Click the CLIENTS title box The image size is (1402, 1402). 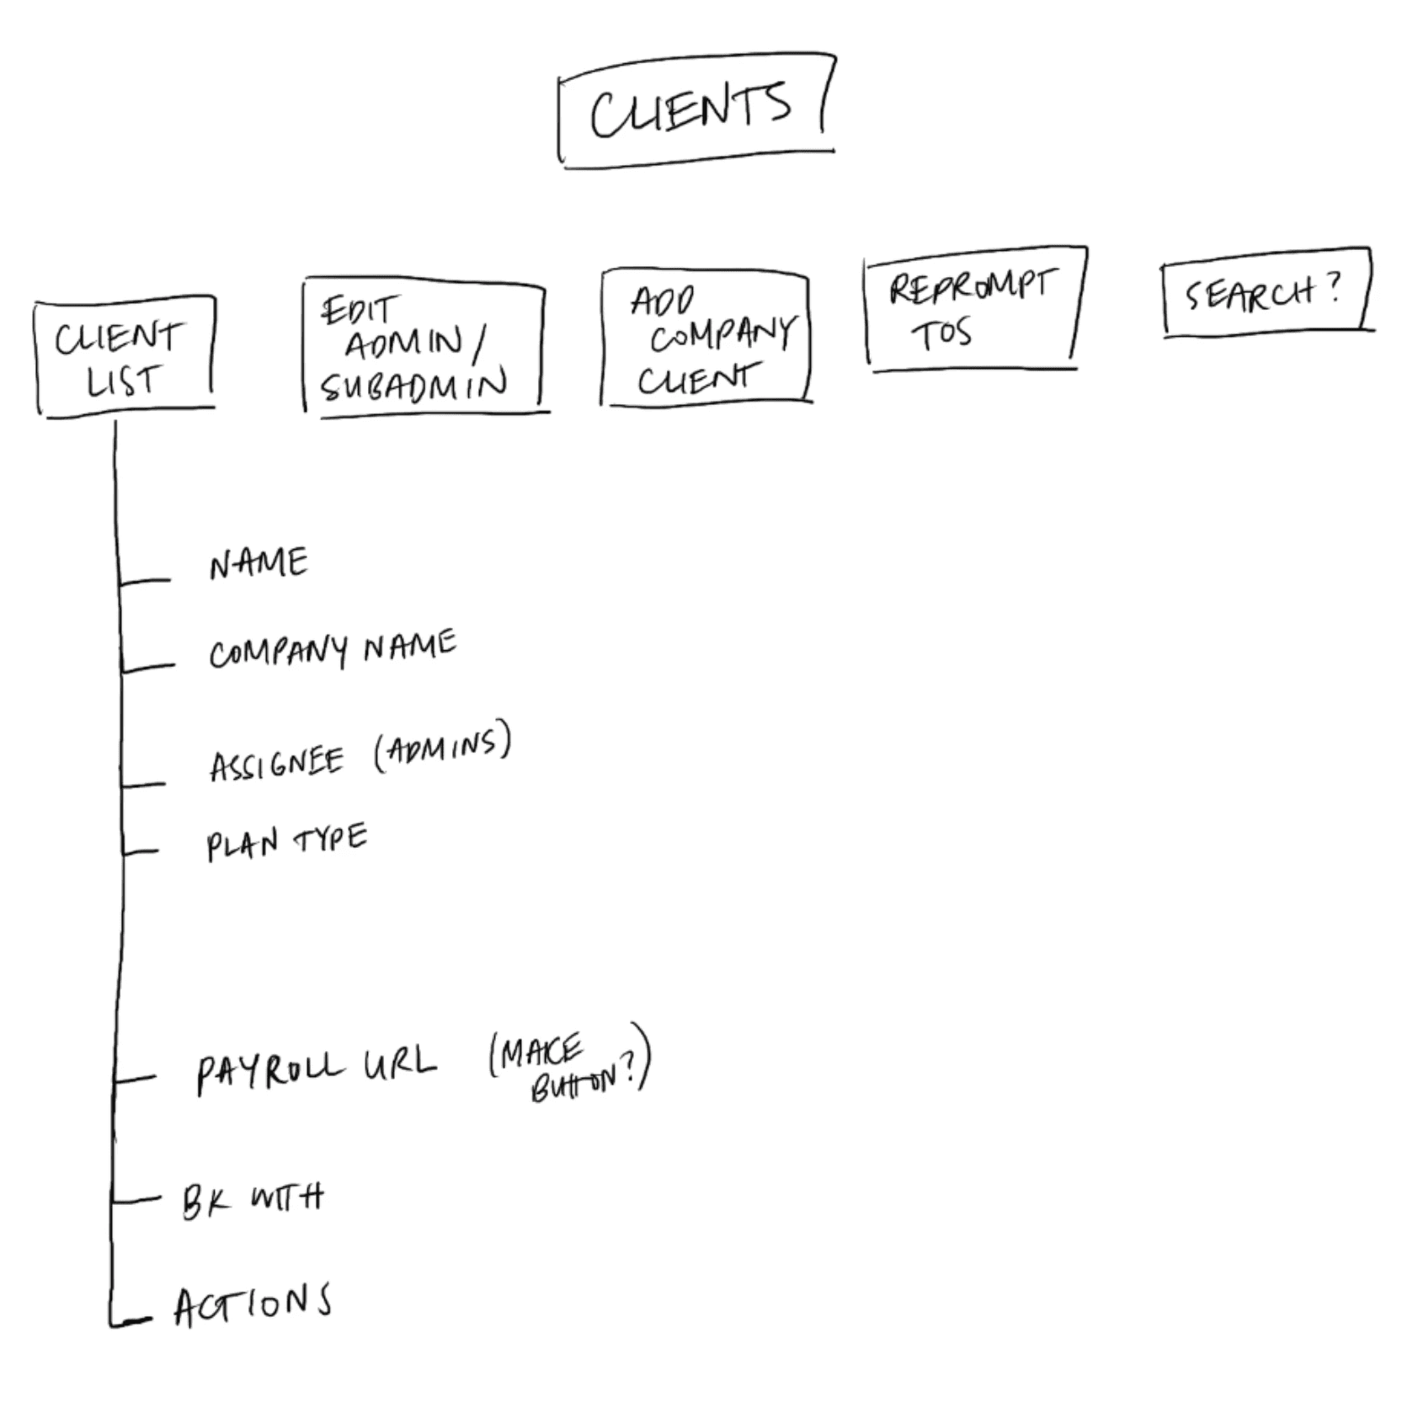click(696, 110)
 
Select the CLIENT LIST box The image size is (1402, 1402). click(124, 357)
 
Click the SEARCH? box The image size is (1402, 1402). click(1266, 292)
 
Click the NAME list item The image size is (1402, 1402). click(259, 563)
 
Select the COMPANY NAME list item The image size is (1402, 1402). click(333, 649)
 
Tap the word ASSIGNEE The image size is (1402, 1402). click(276, 764)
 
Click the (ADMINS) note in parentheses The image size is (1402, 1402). click(442, 746)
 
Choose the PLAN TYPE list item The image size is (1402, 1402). click(286, 841)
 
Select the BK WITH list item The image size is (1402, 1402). click(253, 1199)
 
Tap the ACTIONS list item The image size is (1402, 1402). click(253, 1304)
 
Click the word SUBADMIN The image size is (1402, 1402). click(413, 386)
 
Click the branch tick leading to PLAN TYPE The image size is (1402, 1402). click(140, 851)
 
